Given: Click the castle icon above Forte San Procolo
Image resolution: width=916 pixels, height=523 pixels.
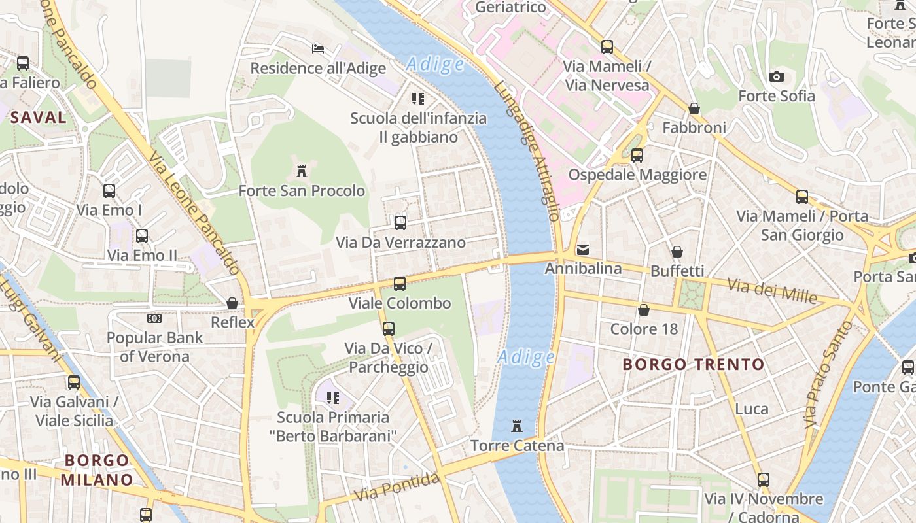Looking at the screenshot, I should tap(302, 171).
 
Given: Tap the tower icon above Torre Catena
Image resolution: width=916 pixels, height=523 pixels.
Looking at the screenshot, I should tap(517, 426).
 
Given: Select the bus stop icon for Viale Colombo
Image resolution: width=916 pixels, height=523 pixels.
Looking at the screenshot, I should tap(399, 284).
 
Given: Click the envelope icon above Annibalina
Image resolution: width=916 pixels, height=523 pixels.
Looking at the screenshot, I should tap(583, 250).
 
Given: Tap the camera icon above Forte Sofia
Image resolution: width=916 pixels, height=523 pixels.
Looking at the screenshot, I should tap(777, 76).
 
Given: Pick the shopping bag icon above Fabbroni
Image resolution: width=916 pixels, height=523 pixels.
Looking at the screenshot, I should tap(694, 109).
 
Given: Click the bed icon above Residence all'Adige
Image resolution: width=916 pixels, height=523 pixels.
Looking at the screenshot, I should tap(318, 49).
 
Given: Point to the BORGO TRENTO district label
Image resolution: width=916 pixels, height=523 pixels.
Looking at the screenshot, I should tap(693, 364).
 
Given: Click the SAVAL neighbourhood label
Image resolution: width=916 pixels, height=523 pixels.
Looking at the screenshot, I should tap(38, 118).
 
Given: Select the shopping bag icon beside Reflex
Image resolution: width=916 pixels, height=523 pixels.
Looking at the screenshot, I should tap(232, 303).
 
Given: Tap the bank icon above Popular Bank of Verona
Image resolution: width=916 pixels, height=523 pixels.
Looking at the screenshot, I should tap(154, 318).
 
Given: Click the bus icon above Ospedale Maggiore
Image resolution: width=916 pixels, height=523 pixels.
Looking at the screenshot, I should tap(637, 156).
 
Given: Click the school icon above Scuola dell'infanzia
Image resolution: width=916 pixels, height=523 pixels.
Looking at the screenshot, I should tap(418, 99).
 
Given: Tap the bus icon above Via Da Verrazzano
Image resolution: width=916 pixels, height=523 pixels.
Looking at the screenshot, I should tap(400, 223).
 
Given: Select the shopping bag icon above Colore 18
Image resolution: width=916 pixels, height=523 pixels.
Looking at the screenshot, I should tap(644, 310).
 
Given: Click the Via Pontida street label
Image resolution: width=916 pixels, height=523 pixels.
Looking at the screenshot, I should tap(397, 487).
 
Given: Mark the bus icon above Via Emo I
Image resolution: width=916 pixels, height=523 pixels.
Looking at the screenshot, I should tap(109, 191).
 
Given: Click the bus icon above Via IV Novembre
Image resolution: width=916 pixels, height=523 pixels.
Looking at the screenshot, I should tap(763, 479).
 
